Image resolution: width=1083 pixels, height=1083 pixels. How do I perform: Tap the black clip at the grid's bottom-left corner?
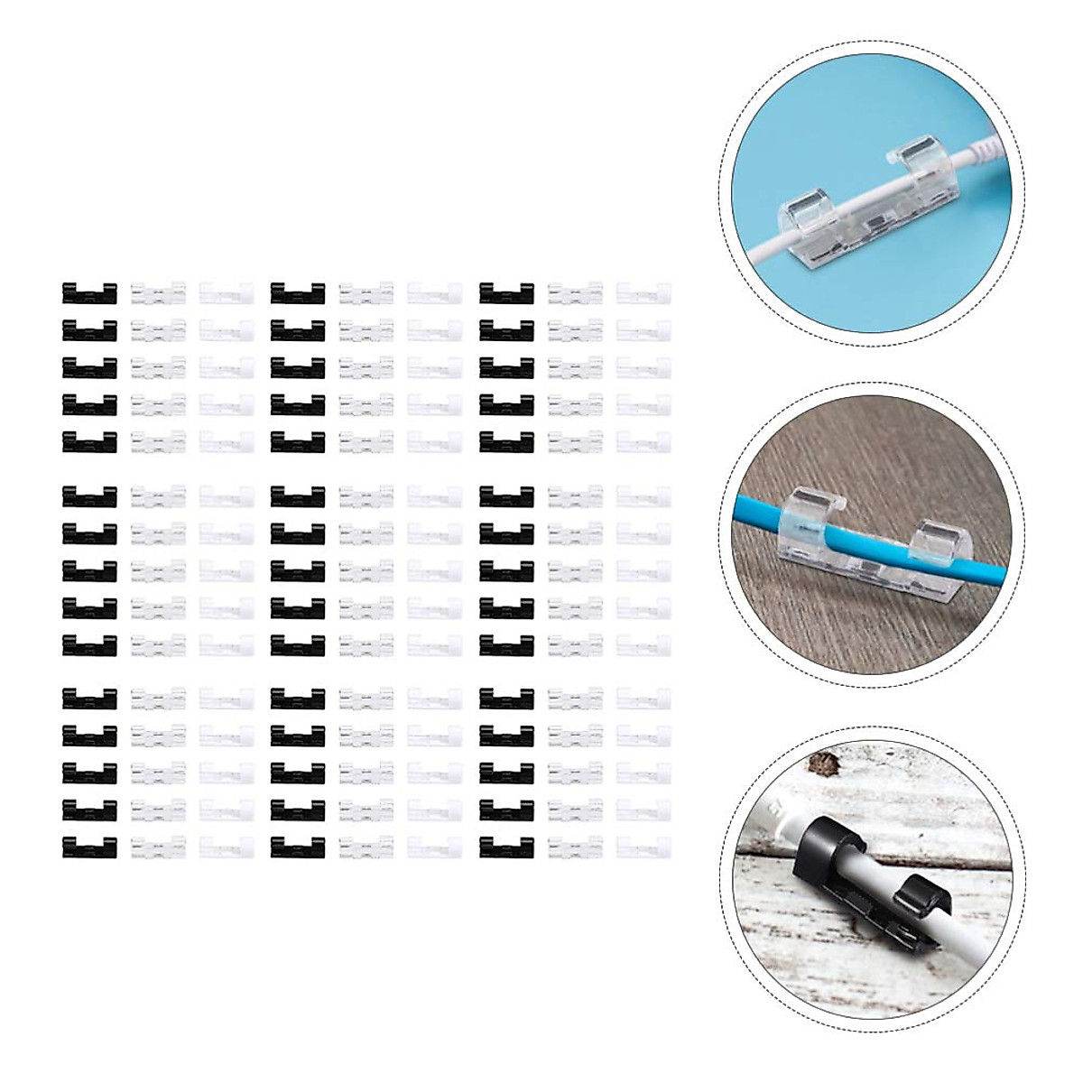(89, 847)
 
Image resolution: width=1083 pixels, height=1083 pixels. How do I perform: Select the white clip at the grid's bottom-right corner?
(643, 847)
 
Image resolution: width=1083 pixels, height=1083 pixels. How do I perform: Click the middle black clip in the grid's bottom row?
(298, 847)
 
